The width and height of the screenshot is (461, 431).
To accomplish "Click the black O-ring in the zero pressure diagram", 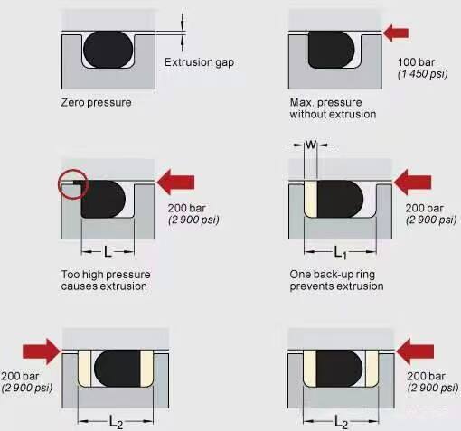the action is [x=108, y=49].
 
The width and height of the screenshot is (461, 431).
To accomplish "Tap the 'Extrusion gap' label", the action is [x=199, y=62].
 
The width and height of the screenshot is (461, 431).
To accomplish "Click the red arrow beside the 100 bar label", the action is [x=396, y=33].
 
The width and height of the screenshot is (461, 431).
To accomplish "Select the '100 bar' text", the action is [x=416, y=62].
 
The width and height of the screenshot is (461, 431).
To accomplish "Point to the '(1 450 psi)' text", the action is [x=423, y=74].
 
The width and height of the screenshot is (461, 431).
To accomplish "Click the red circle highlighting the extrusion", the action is [x=73, y=184].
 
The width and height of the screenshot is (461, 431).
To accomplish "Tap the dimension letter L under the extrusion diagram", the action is [x=108, y=251].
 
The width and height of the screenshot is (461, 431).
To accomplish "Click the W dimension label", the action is [x=311, y=145].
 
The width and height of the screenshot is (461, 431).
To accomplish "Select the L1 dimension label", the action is [x=341, y=252].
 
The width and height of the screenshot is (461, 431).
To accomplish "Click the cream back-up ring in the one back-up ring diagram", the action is [x=311, y=199].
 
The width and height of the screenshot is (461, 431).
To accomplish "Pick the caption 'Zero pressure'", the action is [x=96, y=103].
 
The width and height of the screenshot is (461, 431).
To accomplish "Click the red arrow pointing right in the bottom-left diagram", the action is [x=42, y=351].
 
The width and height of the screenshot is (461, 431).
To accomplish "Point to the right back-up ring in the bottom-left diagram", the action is [x=147, y=369].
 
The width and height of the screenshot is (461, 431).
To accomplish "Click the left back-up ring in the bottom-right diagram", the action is [x=310, y=369].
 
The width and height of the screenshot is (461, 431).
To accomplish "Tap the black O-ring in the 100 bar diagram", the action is [x=331, y=50].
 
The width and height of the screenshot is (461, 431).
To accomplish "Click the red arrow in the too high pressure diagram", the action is [x=175, y=183].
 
